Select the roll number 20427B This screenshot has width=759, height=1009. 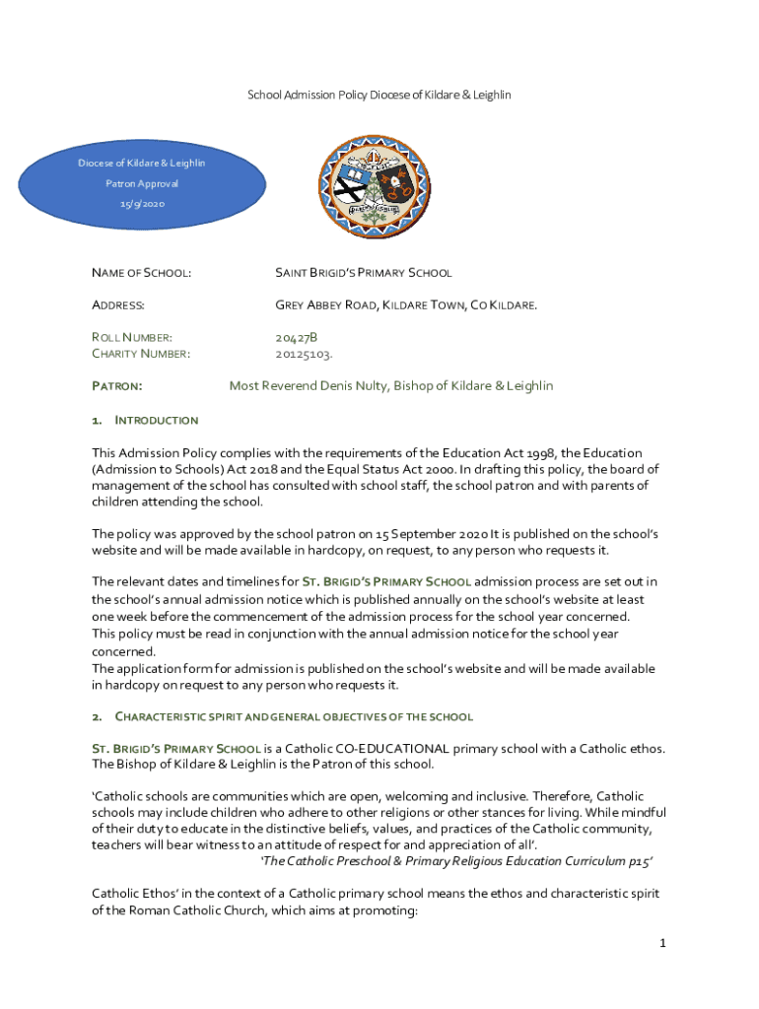point(296,337)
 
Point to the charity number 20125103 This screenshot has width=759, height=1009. point(303,353)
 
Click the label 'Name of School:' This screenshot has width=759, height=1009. point(141,272)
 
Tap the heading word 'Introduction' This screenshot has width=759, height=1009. point(157,420)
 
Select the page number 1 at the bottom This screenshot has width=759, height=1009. point(663,943)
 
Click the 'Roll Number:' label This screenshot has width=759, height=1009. point(132,337)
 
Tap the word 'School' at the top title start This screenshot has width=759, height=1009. point(264,95)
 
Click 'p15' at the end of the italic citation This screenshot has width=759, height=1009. point(641,860)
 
